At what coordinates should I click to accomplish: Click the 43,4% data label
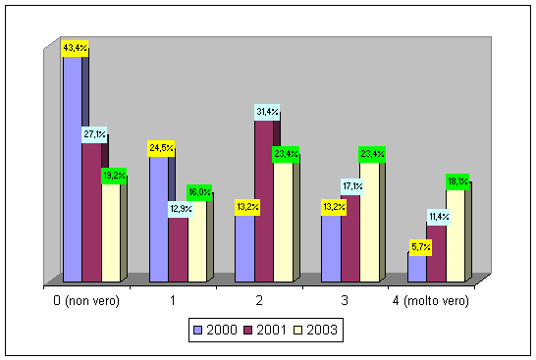coord(75,48)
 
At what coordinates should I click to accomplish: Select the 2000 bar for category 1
coord(159,220)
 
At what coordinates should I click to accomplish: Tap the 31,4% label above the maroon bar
coord(267,112)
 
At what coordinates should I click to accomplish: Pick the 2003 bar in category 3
coord(369,223)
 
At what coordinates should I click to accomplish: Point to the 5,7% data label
coord(420,247)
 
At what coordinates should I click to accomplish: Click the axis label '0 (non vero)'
coord(86,301)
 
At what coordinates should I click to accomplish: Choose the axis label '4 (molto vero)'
coord(431,301)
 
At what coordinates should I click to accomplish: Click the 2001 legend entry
coord(265,330)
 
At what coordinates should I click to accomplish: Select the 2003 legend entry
coord(316,330)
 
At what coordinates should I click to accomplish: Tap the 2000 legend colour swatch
coord(198,331)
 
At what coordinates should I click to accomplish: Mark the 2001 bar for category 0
coord(91,213)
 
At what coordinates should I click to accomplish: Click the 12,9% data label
coord(181,209)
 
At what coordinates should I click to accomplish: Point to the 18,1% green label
coord(457,181)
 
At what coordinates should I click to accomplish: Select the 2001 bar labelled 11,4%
coord(436,254)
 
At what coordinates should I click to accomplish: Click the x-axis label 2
coord(259,300)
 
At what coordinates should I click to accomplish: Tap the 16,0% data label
coord(199,192)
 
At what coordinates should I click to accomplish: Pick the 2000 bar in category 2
coord(244,249)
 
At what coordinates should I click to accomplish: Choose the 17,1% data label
coord(352,186)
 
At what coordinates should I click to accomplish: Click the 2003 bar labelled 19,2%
coord(111,233)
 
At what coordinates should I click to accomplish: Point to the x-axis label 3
coord(345,300)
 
